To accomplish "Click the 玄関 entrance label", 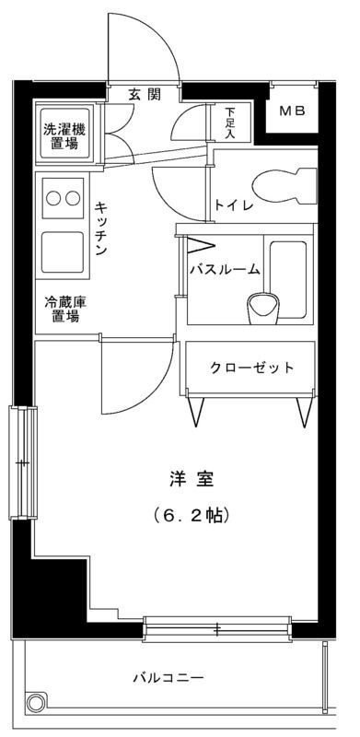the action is (x=145, y=95).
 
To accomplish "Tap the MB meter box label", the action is (x=292, y=111).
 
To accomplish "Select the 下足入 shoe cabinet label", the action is (x=229, y=123).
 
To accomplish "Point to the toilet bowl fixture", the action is (x=285, y=187).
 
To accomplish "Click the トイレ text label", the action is (x=234, y=205).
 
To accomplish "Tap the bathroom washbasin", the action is (x=263, y=309).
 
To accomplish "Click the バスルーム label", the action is (x=225, y=269).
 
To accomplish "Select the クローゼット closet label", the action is (x=251, y=367).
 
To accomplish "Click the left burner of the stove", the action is (x=53, y=198).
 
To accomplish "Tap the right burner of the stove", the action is (x=73, y=198).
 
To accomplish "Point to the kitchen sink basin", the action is (x=63, y=252).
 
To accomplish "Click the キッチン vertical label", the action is (x=100, y=228).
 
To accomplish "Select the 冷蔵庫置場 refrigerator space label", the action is (x=64, y=309).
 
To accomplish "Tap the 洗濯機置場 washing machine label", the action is (x=64, y=135).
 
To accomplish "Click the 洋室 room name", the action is (x=192, y=480).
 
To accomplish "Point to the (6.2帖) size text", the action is (x=192, y=516).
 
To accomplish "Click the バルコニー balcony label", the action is (x=168, y=678).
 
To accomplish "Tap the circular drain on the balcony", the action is (x=35, y=704).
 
